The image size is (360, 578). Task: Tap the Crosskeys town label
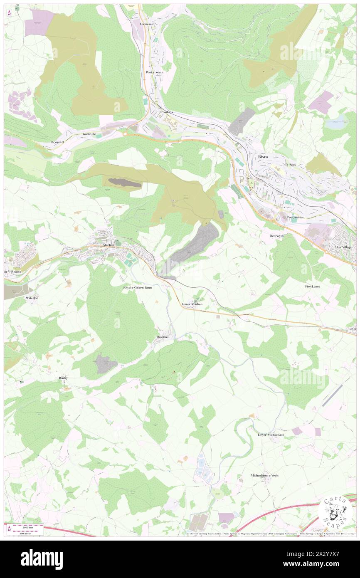[x=165, y=112]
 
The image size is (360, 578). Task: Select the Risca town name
[x=263, y=156]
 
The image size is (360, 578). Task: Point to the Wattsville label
[x=89, y=134]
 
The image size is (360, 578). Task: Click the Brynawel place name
[x=58, y=142]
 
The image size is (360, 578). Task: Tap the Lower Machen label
[x=192, y=304]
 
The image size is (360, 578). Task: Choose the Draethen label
[x=163, y=337]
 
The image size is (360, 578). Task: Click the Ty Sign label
[x=292, y=165]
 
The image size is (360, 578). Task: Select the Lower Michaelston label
[x=271, y=435]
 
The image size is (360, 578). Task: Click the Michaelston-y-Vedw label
[x=264, y=475]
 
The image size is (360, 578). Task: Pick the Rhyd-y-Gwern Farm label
[x=137, y=287]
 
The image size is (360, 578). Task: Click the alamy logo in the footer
[x=42, y=559]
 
